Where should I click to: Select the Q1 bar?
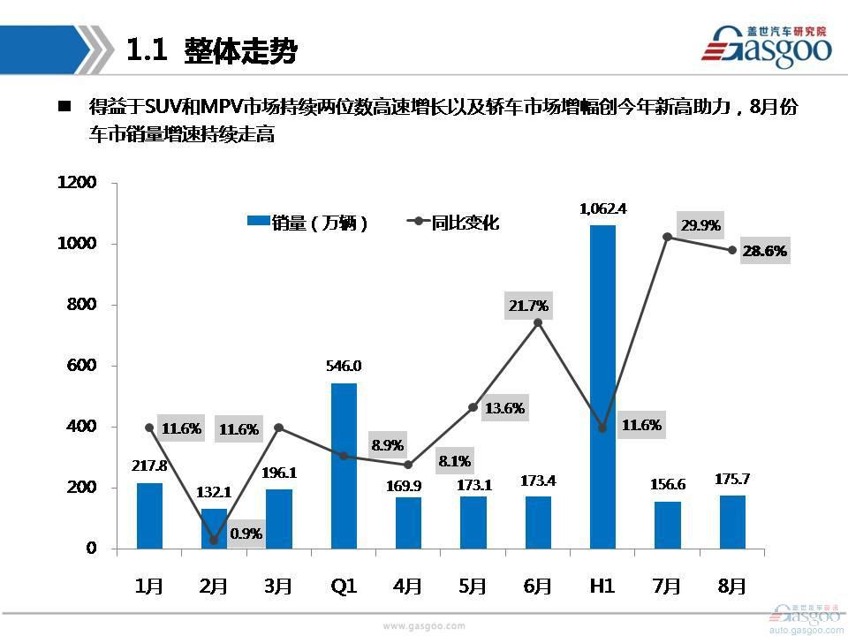[x=344, y=466]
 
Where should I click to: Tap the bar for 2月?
[x=214, y=528]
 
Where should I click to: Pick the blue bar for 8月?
[x=732, y=522]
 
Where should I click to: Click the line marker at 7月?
[x=668, y=237]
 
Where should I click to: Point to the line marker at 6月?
[x=538, y=322]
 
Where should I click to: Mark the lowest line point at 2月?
[x=215, y=541]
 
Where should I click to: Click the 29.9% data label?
[x=700, y=225]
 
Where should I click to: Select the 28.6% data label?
[x=765, y=251]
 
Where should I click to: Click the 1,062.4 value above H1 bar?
[x=602, y=209]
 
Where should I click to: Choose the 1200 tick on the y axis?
[x=76, y=183]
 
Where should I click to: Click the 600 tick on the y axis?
[x=81, y=366]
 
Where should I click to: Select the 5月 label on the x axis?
[x=473, y=586]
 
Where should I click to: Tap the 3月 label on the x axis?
[x=279, y=586]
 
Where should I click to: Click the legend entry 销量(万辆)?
[x=309, y=223]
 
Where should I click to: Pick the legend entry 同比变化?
[x=455, y=223]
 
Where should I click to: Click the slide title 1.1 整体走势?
[x=212, y=50]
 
